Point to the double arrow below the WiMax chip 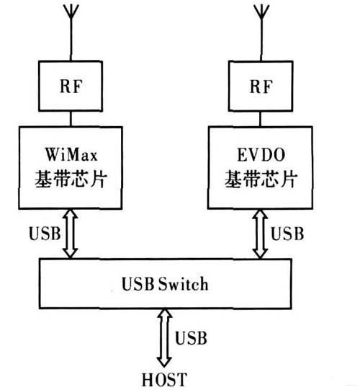point(70,234)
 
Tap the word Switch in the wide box point(184,284)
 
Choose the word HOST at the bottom point(164,378)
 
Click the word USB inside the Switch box point(144,284)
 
